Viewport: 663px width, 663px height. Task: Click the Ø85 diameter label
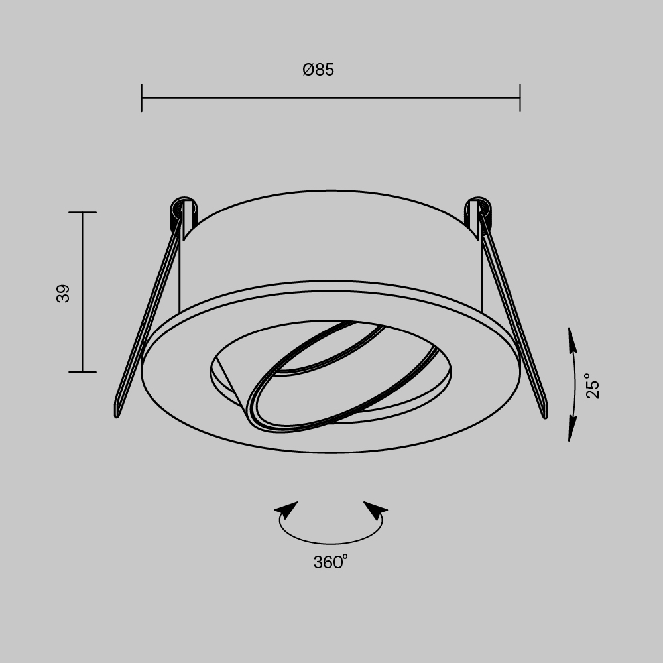318,70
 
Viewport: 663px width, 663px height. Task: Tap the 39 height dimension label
63,293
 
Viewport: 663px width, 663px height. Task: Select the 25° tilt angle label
593,386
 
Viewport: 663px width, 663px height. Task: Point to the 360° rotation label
330,562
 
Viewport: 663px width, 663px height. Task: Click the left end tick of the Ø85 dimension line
142,98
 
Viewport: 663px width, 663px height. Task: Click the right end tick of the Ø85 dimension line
520,98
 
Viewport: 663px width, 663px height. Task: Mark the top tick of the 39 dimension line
82,213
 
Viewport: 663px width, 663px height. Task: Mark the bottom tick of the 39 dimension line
82,372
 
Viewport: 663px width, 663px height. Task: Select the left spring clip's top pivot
181,208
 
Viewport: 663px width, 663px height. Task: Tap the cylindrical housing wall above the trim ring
331,245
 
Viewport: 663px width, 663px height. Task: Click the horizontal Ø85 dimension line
331,98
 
